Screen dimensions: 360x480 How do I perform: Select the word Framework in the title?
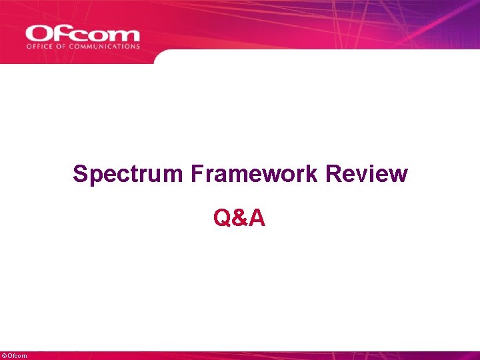click(x=255, y=174)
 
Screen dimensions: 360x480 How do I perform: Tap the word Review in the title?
click(x=368, y=174)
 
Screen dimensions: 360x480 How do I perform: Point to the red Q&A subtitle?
click(x=239, y=217)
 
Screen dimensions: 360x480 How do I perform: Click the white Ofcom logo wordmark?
click(x=83, y=33)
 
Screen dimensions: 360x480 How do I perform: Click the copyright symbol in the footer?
click(x=4, y=356)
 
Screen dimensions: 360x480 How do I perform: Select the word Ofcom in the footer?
click(x=17, y=356)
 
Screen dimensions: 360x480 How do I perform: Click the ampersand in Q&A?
click(x=239, y=217)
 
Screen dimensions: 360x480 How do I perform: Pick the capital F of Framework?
click(x=197, y=174)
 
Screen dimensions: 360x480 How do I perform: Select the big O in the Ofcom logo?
click(x=39, y=33)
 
